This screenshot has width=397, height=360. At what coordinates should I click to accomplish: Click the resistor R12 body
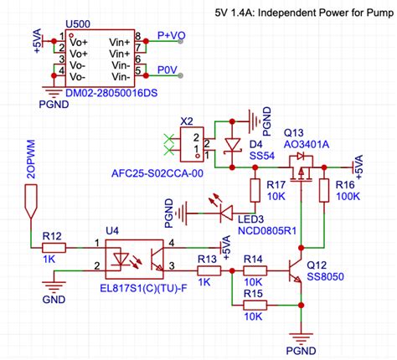coord(52,247)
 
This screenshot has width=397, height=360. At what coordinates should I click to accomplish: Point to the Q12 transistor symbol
coord(293,272)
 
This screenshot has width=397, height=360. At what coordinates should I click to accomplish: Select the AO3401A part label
coord(307,145)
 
